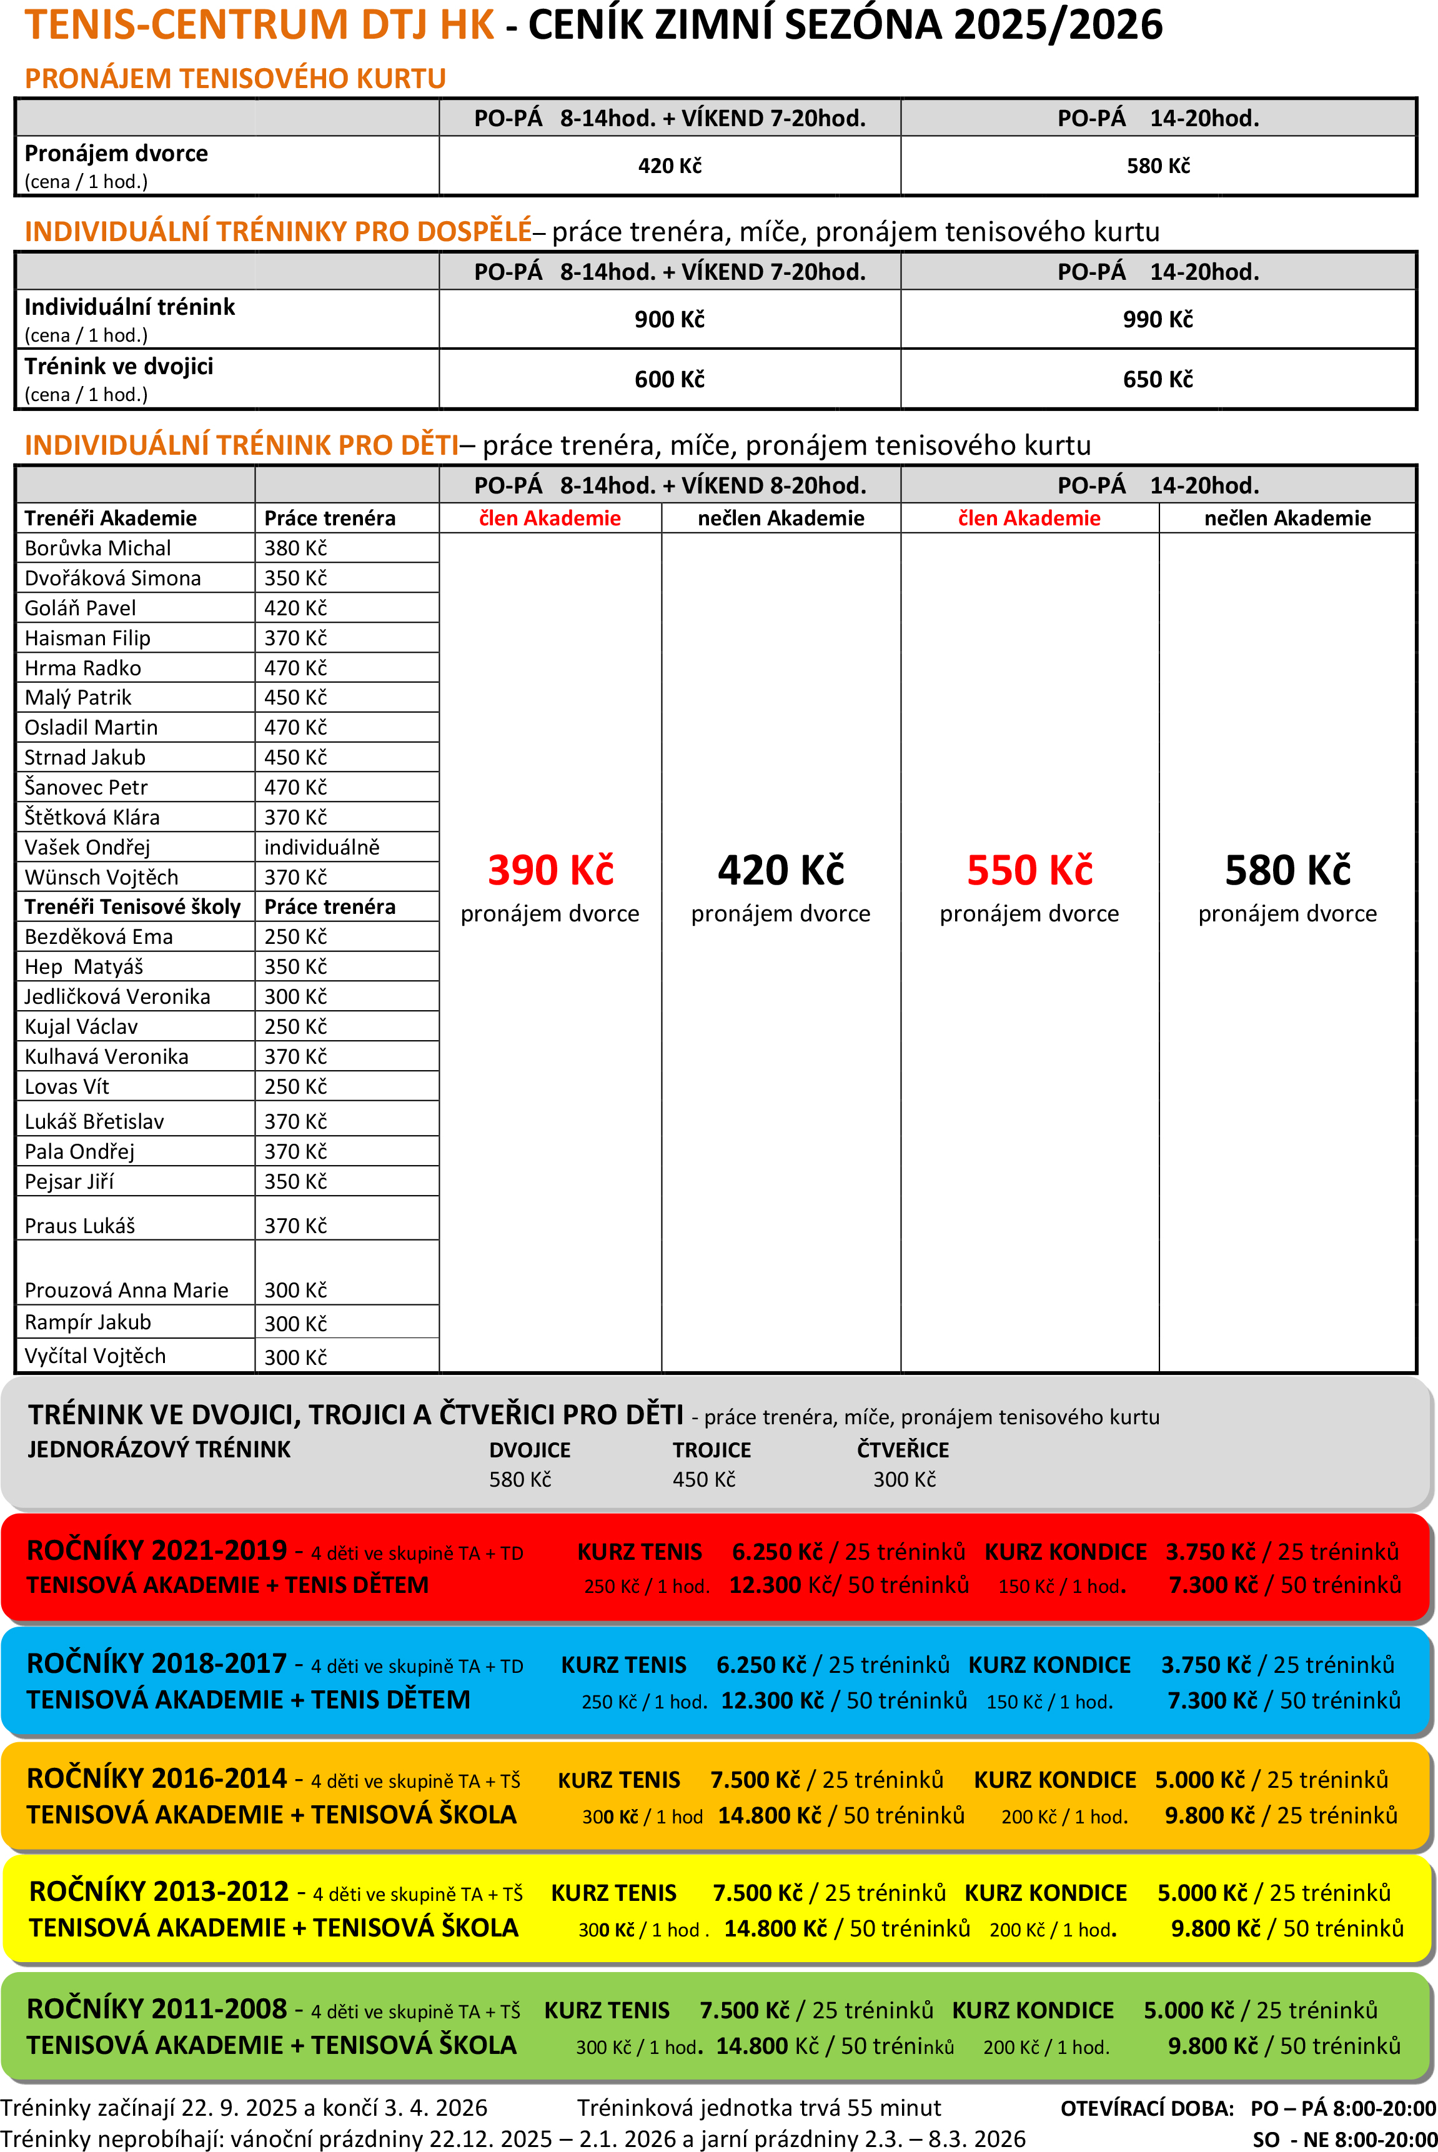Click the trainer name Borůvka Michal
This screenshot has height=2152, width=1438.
[97, 548]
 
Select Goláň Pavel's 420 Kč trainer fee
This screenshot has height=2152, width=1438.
[295, 608]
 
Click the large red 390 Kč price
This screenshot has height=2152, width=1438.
[550, 870]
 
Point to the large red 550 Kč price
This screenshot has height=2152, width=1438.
[1029, 870]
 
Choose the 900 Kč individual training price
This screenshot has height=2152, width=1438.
[670, 319]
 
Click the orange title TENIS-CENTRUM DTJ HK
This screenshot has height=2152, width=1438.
[259, 25]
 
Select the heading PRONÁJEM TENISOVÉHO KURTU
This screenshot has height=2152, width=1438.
[235, 79]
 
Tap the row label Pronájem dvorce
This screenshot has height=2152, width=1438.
[116, 153]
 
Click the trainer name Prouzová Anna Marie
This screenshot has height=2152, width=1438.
[127, 1290]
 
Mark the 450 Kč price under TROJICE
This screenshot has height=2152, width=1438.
[703, 1479]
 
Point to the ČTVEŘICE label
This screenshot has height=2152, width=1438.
[903, 1450]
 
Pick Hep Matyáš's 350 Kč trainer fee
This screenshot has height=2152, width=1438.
[295, 966]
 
